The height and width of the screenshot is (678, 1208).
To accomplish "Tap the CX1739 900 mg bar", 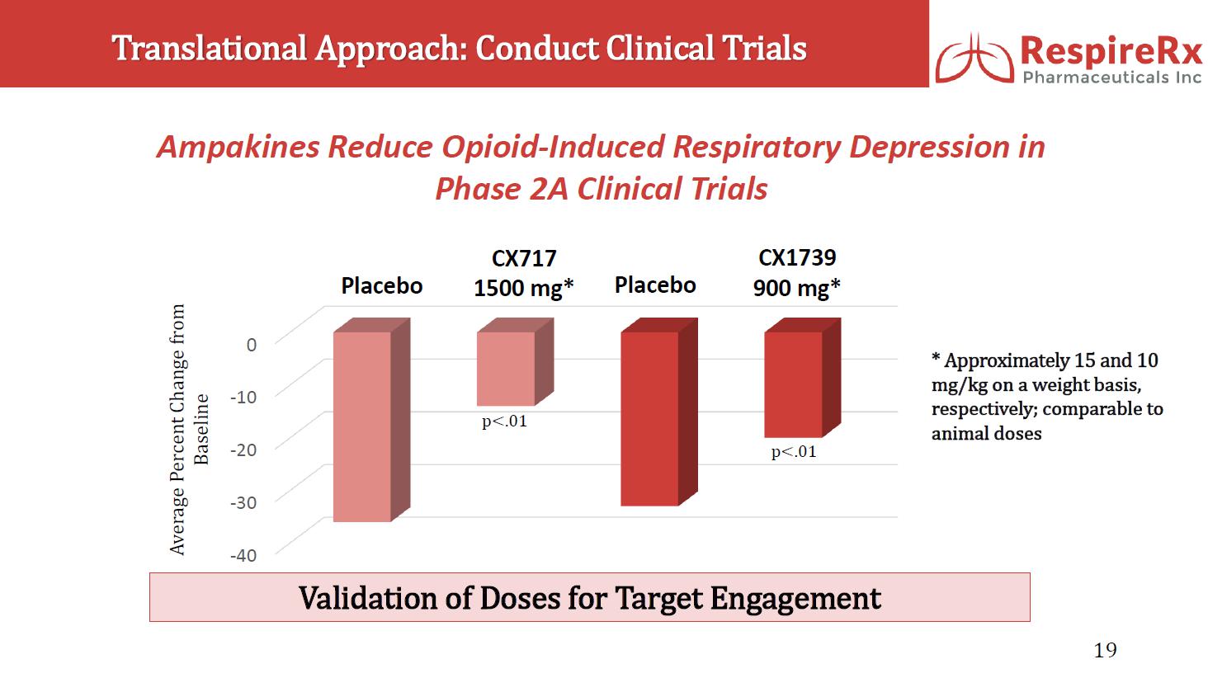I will (793, 384).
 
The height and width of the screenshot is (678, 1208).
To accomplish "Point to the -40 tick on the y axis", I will (243, 555).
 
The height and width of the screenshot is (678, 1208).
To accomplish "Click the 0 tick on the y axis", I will (252, 344).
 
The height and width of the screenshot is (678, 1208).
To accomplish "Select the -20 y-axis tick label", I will (243, 450).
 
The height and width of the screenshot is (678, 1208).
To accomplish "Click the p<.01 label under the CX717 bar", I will (504, 421).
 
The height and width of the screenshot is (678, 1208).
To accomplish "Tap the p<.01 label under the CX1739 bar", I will (794, 452).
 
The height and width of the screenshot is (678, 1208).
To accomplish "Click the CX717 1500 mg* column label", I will (523, 274).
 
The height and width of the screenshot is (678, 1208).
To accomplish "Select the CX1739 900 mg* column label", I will (797, 273).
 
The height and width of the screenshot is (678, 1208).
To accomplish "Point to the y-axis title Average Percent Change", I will (177, 429).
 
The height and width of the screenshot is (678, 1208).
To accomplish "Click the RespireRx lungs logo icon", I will (974, 57).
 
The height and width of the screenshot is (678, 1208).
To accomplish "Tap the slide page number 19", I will (1105, 651).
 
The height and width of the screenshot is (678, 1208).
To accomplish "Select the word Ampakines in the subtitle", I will (238, 147).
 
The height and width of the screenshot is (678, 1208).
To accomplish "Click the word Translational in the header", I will (209, 48).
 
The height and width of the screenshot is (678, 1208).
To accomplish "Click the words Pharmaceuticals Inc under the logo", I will (1111, 78).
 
